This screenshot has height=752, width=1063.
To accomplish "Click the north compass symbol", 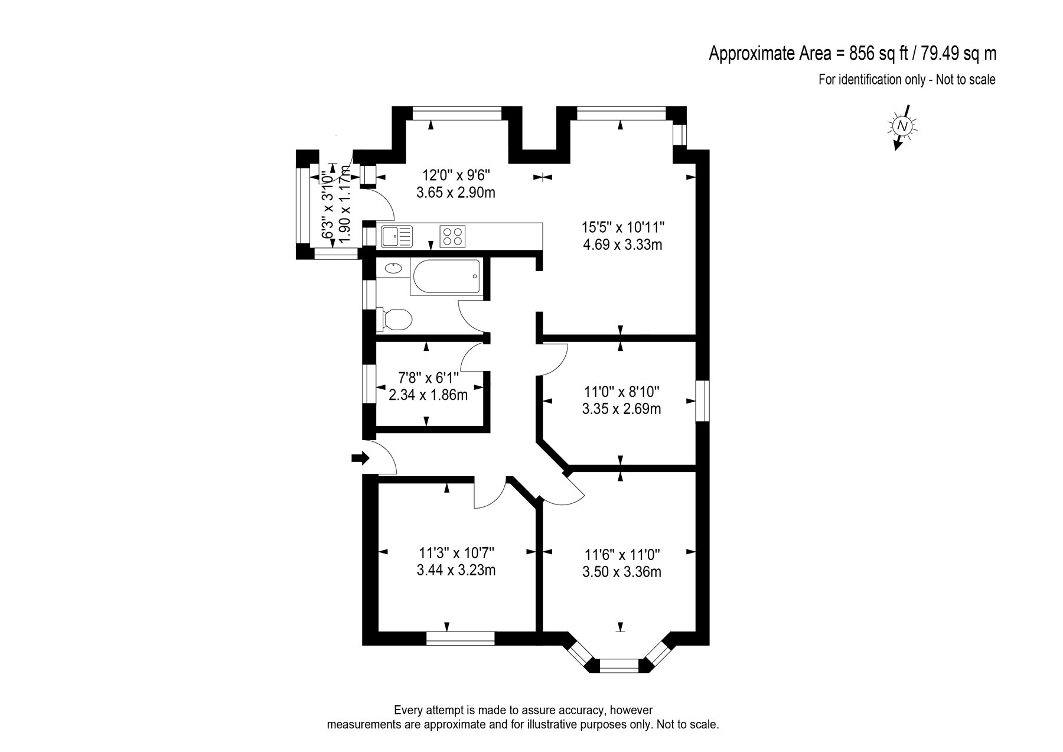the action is coord(902,126).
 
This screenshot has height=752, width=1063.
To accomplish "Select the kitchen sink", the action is coord(397,236).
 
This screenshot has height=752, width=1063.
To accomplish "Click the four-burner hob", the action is coord(452,236).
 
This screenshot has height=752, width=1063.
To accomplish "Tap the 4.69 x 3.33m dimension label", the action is coord(622,244).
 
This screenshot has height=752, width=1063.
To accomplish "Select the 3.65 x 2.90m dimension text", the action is coord(455,193).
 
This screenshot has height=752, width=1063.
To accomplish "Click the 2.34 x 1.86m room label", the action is coord(428,395).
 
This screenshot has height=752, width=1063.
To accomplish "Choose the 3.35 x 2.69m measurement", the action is coord(621,408).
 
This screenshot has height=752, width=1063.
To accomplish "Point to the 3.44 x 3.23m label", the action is coord(456,570).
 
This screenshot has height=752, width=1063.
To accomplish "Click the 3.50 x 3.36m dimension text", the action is coord(621,572).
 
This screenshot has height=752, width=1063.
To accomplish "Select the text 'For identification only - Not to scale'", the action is coord(907,80).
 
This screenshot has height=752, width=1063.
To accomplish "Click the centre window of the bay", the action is coord(619,666).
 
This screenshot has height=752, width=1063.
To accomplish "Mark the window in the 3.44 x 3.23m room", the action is coord(460,638).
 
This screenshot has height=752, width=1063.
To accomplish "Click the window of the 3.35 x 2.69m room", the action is coord(702,401).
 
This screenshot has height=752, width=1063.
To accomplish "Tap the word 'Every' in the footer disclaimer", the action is coord(407,709).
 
